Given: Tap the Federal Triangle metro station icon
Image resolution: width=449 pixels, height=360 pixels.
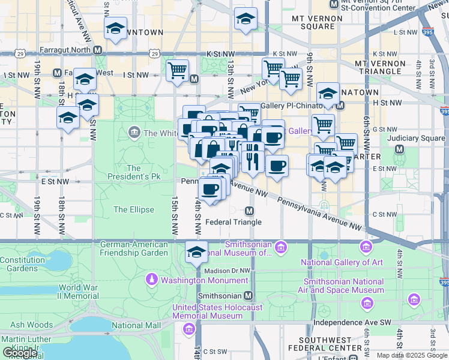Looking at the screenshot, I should coord(250,211).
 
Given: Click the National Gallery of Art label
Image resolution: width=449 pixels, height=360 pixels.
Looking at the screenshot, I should coord(342,262).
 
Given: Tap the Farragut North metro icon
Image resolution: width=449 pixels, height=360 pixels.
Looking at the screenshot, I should coord(97,50).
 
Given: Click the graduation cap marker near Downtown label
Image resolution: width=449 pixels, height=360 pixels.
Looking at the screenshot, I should coord(115,28).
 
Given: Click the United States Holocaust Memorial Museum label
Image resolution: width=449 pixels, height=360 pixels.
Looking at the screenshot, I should coord(217,312).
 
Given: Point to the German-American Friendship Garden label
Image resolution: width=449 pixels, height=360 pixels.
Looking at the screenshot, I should coord(134,248).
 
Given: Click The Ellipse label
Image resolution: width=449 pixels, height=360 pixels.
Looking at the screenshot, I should coord(134,209).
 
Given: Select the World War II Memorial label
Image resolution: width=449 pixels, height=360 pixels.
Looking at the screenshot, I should coord(78,292).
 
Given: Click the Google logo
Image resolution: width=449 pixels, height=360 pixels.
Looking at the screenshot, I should coord(20,353).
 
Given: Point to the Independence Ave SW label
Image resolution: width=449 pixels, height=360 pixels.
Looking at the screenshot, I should coord(352,322).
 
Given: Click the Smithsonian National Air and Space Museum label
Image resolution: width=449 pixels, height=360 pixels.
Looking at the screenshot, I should coord(344,286).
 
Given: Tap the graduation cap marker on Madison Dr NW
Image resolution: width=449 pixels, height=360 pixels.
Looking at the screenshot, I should coord(196,251).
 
